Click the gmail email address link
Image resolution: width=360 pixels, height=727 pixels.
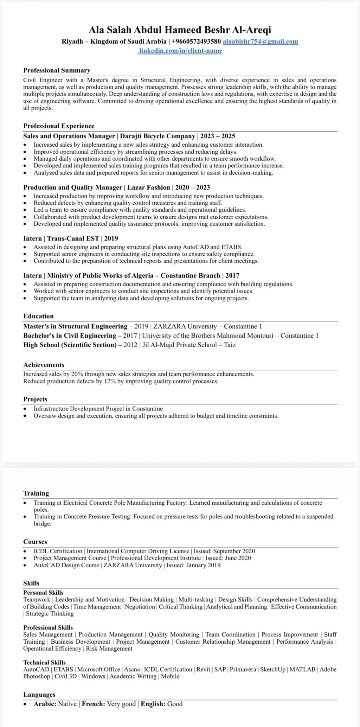[x=261, y=42]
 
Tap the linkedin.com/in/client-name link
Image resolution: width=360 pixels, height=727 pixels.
[x=180, y=51]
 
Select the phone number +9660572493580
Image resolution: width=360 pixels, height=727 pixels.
[x=196, y=42]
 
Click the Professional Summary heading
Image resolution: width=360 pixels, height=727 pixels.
[x=57, y=70]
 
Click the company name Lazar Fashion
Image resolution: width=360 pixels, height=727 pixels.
[x=148, y=187]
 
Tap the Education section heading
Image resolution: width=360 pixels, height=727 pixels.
[x=38, y=316]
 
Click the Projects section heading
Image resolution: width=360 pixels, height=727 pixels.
[x=35, y=399]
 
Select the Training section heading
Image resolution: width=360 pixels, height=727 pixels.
[x=36, y=493]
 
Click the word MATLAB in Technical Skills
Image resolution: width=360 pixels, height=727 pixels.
[x=302, y=669]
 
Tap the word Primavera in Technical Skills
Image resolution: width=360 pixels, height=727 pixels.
[x=243, y=669]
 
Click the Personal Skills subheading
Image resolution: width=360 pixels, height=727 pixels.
[x=43, y=593]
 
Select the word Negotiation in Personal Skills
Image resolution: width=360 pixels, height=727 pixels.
[x=140, y=607]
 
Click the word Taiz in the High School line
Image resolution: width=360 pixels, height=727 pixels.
[x=230, y=345]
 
